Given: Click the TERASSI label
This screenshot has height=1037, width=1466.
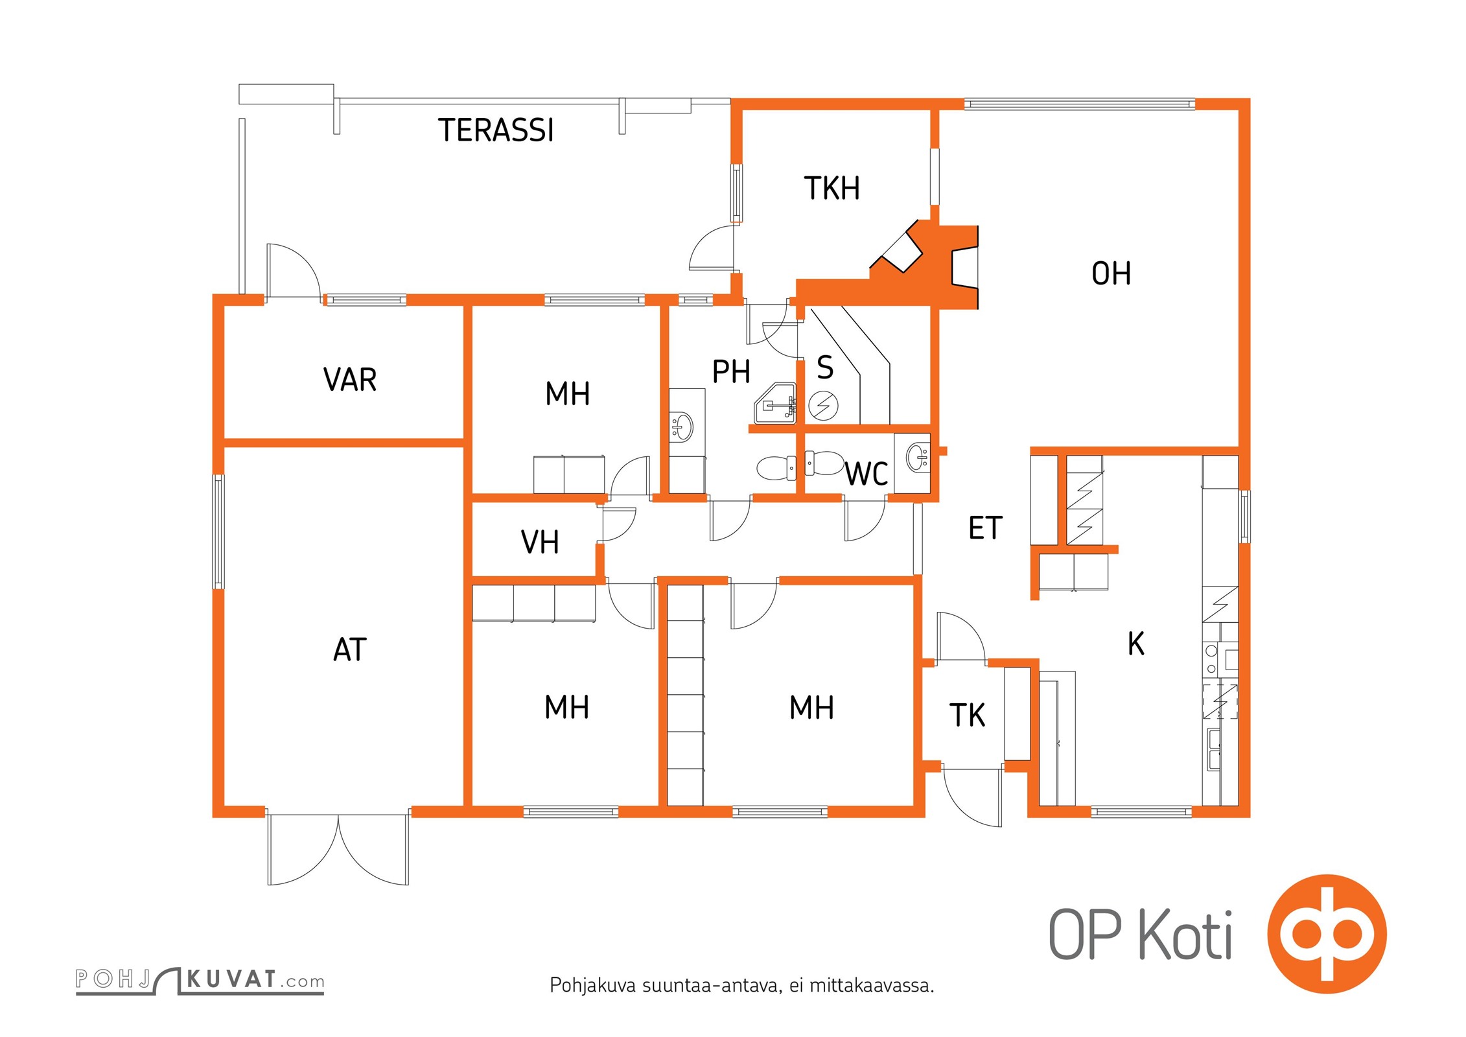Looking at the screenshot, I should tap(496, 130).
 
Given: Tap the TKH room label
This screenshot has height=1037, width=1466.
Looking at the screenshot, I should tap(832, 189).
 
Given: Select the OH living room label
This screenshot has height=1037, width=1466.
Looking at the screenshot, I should tap(1111, 274).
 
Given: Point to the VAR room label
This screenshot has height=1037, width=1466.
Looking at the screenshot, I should tap(350, 380).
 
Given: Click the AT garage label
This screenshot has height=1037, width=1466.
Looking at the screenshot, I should tap(350, 649).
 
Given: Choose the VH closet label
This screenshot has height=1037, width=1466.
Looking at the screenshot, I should tap(540, 542).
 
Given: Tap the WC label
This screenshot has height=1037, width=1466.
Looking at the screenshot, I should tap(866, 474).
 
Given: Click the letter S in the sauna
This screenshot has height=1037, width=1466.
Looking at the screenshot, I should tap(825, 367).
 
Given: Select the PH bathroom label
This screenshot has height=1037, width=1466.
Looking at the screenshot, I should tap(731, 372).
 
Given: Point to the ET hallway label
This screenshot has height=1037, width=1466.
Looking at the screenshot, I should tap(985, 528).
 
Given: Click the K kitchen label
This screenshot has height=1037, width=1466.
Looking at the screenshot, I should tap(1136, 644).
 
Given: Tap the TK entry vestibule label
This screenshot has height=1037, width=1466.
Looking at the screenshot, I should tap(967, 716).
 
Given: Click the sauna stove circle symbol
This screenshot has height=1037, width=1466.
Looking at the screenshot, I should tap(824, 406).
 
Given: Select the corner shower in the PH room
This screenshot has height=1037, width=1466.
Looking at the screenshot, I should tap(776, 404).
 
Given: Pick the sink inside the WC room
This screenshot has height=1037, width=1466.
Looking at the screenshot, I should tap(917, 457).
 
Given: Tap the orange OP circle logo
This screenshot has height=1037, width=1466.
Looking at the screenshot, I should tap(1327, 934).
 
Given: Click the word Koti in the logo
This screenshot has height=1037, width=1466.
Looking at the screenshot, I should tap(1185, 935).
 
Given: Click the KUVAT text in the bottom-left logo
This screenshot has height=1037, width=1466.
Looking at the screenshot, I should tap(231, 979).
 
